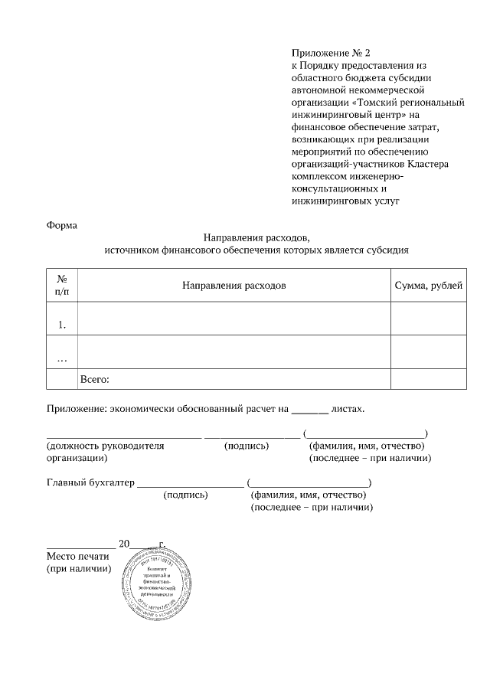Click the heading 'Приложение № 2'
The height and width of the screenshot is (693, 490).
click(x=330, y=54)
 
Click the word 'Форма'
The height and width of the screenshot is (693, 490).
click(x=61, y=225)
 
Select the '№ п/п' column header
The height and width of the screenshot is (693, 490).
click(x=62, y=286)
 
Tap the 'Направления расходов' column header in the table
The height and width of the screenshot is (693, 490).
click(x=234, y=286)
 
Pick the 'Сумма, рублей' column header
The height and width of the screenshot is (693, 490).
click(x=428, y=286)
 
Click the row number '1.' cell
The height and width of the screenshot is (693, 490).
click(x=62, y=325)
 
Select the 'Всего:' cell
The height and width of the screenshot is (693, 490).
click(x=95, y=378)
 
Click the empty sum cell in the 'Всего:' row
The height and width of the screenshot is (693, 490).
click(x=428, y=378)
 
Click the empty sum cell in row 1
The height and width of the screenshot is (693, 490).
click(x=428, y=319)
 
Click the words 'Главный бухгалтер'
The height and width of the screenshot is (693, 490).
click(x=90, y=482)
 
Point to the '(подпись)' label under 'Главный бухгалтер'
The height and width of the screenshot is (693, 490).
click(x=185, y=495)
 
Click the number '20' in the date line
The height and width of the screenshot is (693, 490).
click(x=125, y=544)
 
